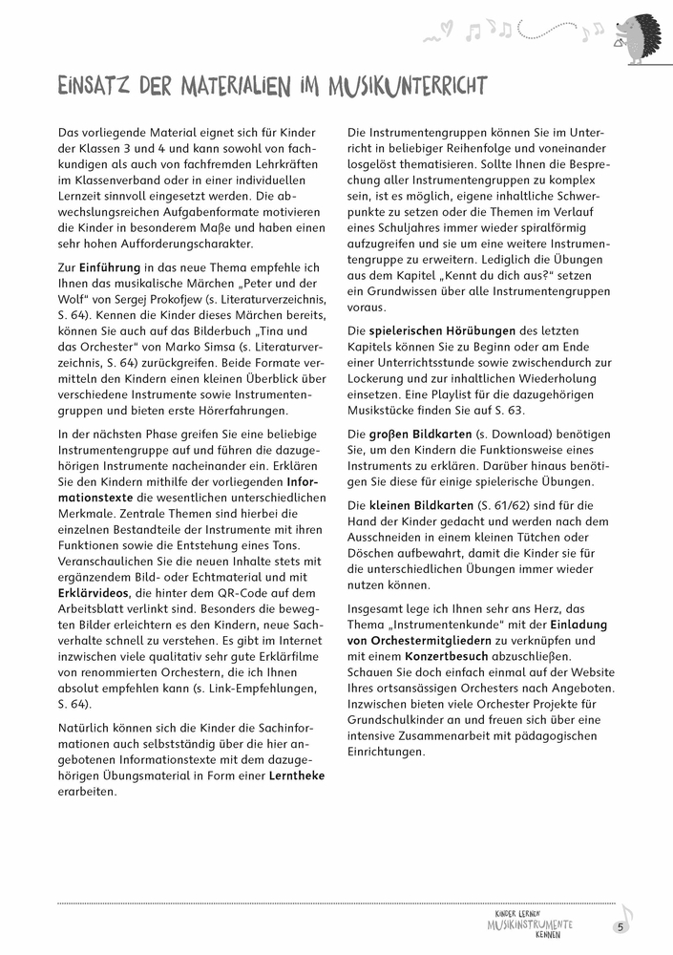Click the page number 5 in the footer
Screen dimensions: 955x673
(x=620, y=926)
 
